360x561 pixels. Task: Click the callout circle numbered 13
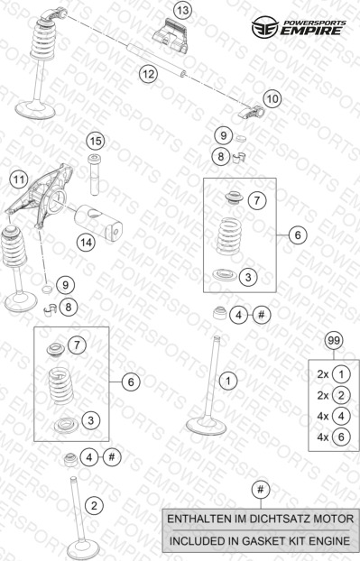tap(182, 11)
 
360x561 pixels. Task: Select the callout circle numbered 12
tap(148, 74)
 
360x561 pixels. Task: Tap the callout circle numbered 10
tap(272, 98)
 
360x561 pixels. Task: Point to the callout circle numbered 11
tap(18, 179)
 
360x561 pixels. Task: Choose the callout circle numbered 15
tap(96, 141)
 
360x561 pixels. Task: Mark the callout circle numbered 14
tap(86, 243)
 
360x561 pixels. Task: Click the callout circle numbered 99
tap(334, 341)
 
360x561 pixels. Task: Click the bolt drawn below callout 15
tap(95, 175)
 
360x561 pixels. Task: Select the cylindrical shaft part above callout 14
tap(98, 222)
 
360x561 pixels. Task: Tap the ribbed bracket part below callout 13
tap(171, 37)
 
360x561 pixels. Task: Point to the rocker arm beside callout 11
tap(40, 196)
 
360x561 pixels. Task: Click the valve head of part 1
tap(207, 426)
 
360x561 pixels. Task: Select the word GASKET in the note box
tap(263, 540)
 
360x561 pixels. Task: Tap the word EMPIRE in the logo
tap(310, 31)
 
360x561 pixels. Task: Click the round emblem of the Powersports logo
tap(264, 27)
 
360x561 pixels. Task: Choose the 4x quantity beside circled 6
tap(322, 437)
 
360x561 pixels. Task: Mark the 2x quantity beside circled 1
tap(322, 374)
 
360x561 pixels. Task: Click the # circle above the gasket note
tap(260, 489)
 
